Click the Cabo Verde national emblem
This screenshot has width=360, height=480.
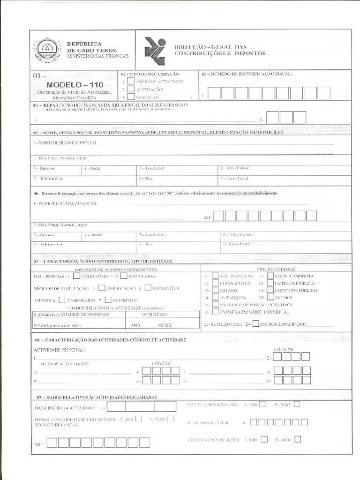point(47,50)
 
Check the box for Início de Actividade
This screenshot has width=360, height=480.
point(131,81)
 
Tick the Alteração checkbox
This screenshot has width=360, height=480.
point(131,89)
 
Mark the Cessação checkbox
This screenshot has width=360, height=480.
point(131,97)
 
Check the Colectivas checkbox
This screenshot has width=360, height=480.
point(77,277)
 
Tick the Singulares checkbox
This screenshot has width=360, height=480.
point(124,277)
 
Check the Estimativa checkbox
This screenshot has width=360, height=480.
point(148,288)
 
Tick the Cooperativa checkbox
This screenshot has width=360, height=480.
point(215,284)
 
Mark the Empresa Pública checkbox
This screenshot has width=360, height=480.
point(270,284)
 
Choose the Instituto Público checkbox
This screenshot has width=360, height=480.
point(270,291)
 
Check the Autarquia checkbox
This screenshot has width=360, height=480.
point(215,298)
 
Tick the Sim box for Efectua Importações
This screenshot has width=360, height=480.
point(263,404)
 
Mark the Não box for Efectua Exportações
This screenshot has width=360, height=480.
point(298,439)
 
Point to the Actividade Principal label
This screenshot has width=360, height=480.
point(59,350)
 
